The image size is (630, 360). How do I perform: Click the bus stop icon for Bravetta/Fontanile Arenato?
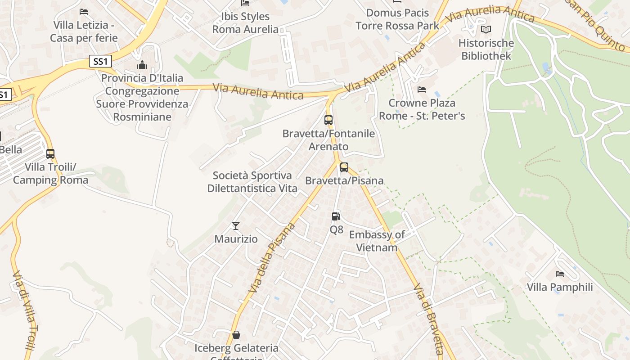[x=328, y=120]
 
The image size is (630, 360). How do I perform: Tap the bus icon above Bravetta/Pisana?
[x=344, y=167]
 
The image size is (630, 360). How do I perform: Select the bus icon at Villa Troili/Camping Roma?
[x=50, y=154]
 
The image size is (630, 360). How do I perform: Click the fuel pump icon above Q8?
[x=336, y=216]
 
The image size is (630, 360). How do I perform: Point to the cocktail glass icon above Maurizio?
[x=236, y=225]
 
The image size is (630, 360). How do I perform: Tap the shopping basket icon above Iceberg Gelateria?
[x=236, y=335]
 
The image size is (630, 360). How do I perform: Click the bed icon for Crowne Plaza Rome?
[x=422, y=90]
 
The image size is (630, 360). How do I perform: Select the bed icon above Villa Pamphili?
[x=560, y=274]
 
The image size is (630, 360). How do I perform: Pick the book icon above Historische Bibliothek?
[x=486, y=30]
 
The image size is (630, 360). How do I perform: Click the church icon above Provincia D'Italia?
[x=142, y=65]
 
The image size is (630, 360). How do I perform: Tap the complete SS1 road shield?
[x=100, y=61]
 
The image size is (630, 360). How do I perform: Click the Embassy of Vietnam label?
[x=377, y=241]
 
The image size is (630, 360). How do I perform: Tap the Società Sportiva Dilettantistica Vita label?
[x=252, y=182]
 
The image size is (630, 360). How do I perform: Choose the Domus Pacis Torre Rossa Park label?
[x=397, y=19]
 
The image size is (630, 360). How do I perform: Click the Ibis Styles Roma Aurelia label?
[x=245, y=23]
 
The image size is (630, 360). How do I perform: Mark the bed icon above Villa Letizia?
[x=84, y=11]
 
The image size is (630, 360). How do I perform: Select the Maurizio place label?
[x=236, y=239]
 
